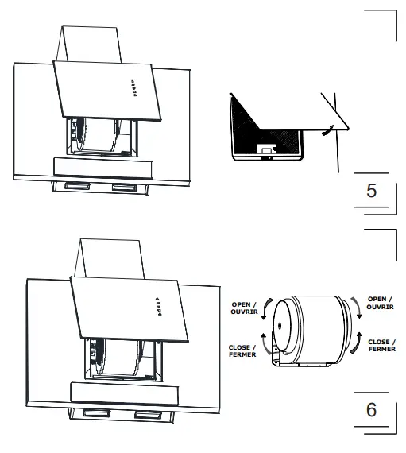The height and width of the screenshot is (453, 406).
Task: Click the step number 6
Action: point(370,412)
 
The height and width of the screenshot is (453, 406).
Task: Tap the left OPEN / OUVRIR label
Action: point(242,308)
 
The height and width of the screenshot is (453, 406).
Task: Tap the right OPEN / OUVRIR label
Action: point(381,304)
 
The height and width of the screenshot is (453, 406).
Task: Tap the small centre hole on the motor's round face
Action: point(280,328)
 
